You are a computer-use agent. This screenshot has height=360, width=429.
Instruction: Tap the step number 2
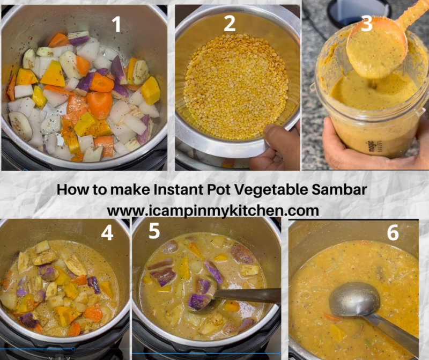click(x=230, y=24)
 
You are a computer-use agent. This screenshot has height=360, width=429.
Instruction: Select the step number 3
click(x=367, y=23)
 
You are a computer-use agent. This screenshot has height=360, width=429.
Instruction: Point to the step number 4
click(x=107, y=233)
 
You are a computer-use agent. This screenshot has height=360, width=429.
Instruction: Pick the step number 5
click(x=154, y=231)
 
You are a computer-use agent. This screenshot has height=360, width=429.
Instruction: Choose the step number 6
click(x=393, y=233)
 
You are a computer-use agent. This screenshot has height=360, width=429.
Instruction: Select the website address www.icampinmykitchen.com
click(x=213, y=208)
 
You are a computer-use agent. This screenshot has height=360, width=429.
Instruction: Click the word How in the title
click(x=71, y=189)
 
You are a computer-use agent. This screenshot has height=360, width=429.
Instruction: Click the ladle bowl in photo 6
click(x=354, y=299)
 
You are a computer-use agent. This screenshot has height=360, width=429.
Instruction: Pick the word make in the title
click(x=122, y=189)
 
